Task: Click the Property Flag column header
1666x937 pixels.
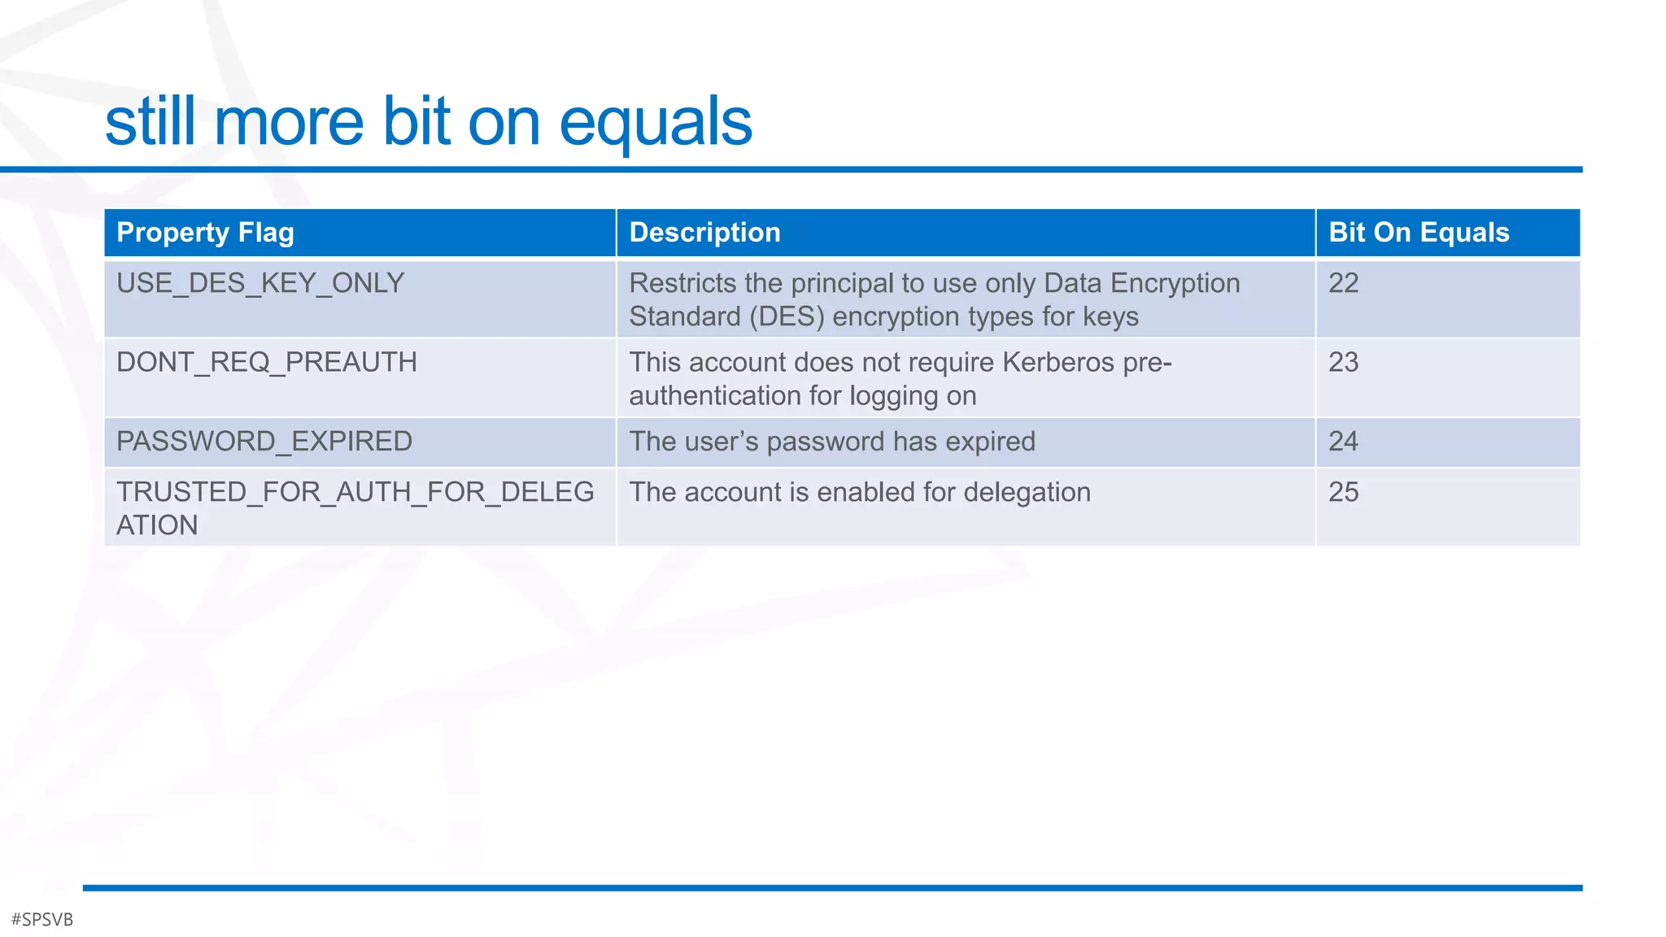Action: coord(205,233)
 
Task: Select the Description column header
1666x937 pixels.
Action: coord(704,233)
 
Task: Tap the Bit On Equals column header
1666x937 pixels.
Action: coord(1419,233)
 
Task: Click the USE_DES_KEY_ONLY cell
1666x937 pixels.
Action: coord(260,283)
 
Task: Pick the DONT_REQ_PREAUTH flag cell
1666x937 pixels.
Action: coord(267,362)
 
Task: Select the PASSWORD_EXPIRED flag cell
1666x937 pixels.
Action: coord(264,442)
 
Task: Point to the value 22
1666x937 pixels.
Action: coord(1343,283)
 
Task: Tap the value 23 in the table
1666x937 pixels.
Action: coord(1343,362)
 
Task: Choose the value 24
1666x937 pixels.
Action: coord(1343,442)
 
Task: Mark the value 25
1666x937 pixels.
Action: coord(1343,492)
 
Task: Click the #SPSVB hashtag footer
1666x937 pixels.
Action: coord(42,919)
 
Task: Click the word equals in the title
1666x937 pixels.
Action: coord(655,124)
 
